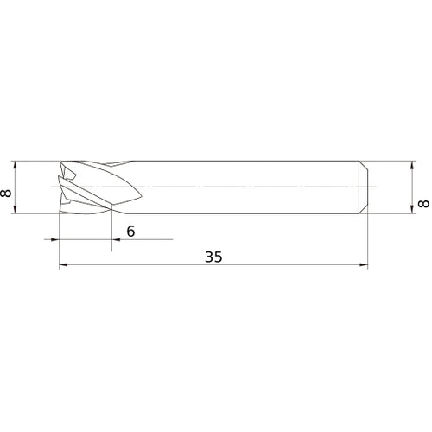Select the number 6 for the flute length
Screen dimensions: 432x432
coord(130,231)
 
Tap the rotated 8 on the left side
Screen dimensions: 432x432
coord(8,193)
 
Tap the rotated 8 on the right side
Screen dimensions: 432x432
coord(422,203)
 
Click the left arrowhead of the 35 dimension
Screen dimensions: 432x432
coord(62,267)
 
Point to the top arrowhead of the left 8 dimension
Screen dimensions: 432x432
coord(16,163)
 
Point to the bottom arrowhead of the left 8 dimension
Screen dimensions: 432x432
coord(16,210)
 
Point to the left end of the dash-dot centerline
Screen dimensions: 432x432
coord(50,187)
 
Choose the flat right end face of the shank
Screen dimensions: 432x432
coord(368,187)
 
